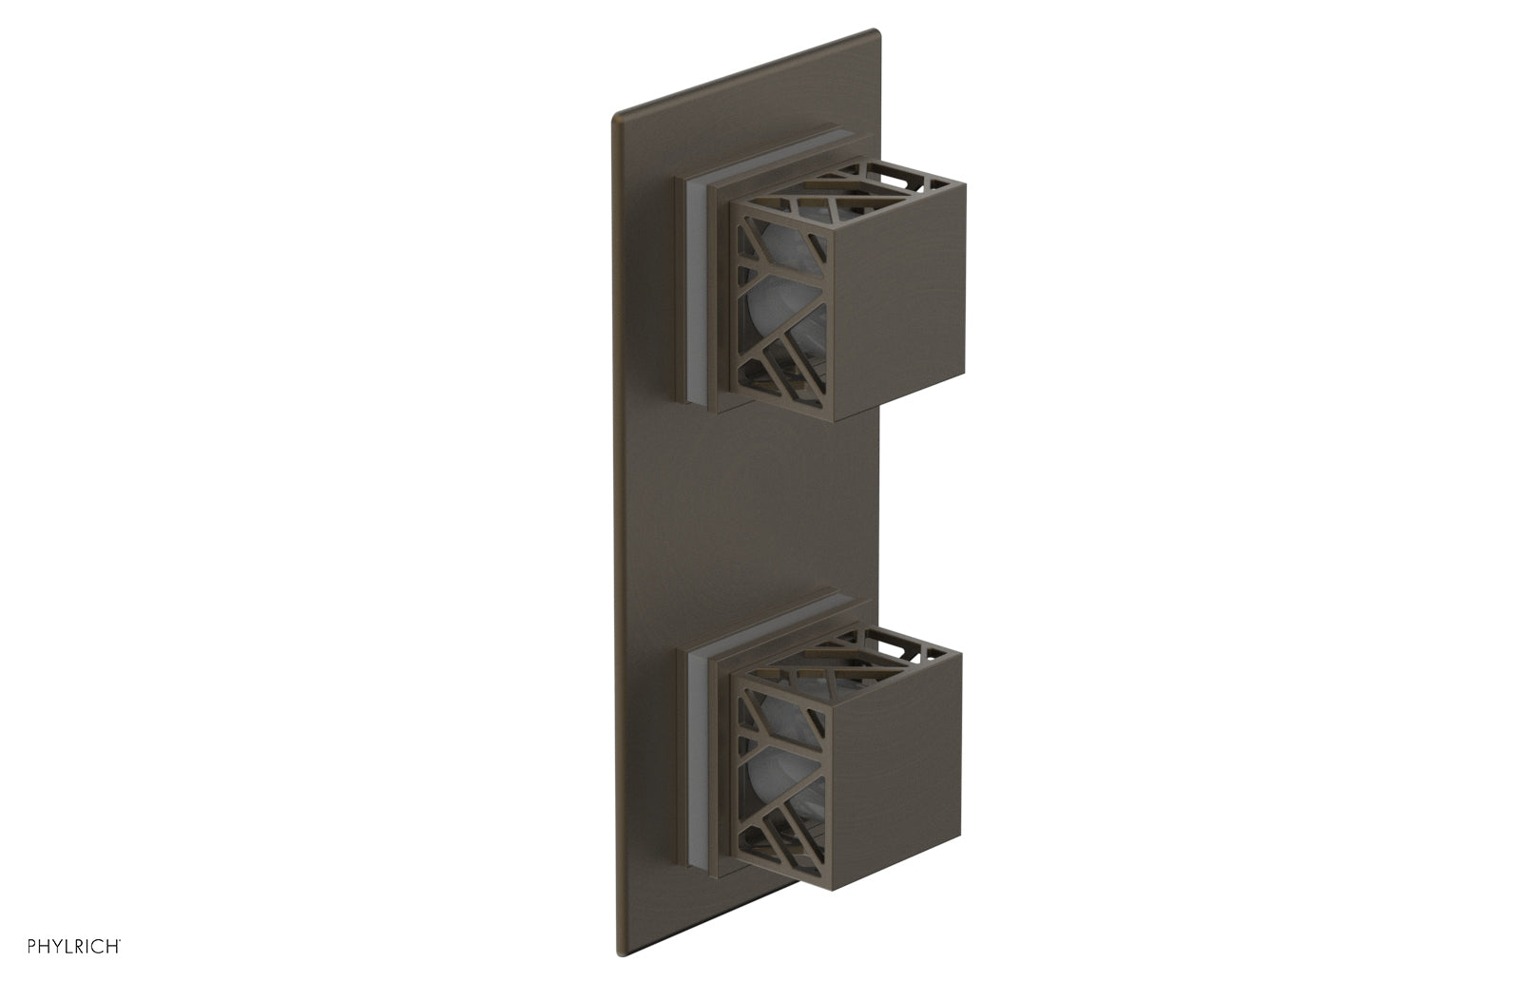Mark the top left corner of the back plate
(x=614, y=117)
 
